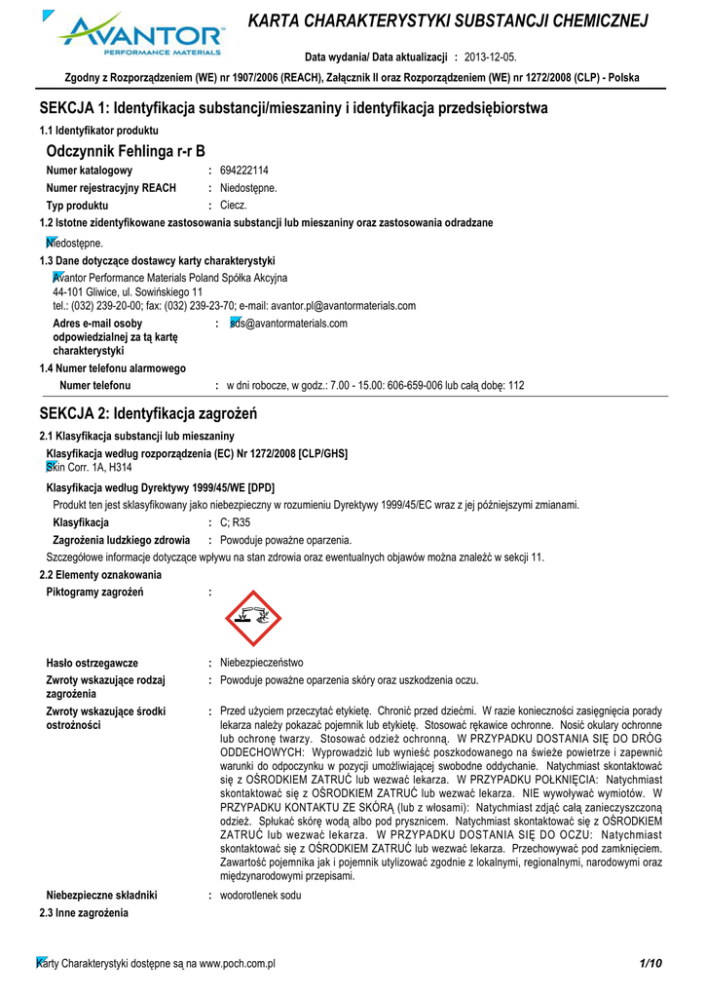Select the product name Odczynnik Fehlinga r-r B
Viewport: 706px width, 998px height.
[x=126, y=151]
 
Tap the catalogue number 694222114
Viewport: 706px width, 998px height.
[x=244, y=171]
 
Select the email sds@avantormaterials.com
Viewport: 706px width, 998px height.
[x=288, y=324]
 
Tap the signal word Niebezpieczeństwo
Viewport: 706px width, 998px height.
[x=262, y=663]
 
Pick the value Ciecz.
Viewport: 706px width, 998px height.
[x=234, y=206]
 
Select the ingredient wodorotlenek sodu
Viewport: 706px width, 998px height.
[x=261, y=894]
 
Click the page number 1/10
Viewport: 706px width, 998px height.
[x=650, y=964]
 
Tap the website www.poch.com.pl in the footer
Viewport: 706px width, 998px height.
[x=237, y=964]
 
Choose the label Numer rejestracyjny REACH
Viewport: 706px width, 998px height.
[x=111, y=188]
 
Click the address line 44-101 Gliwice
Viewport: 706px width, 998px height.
[x=128, y=291]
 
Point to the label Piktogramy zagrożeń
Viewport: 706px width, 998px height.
[x=95, y=593]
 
